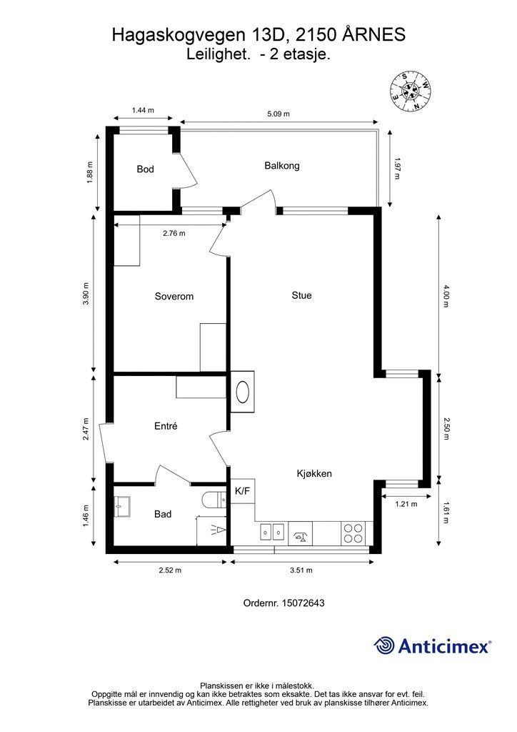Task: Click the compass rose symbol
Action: click(x=410, y=91)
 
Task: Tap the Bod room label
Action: click(x=145, y=169)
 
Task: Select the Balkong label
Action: click(x=281, y=166)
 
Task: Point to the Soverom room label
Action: click(x=174, y=297)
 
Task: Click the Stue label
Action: click(x=301, y=295)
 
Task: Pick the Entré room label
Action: click(x=166, y=426)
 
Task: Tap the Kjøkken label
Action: click(x=314, y=474)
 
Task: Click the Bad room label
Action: click(x=163, y=514)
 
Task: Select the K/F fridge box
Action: click(x=242, y=491)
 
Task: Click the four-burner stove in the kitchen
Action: click(x=353, y=533)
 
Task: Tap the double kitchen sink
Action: click(x=272, y=532)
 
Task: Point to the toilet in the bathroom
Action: click(x=214, y=500)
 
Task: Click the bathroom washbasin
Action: click(x=122, y=507)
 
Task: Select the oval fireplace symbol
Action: click(x=243, y=392)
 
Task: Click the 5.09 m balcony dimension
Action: click(x=278, y=114)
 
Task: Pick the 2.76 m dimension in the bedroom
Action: click(x=174, y=233)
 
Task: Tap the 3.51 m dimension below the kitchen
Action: click(x=301, y=570)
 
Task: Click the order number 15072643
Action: click(x=303, y=603)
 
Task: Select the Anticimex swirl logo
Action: click(x=384, y=646)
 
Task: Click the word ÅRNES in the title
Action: click(x=374, y=35)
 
